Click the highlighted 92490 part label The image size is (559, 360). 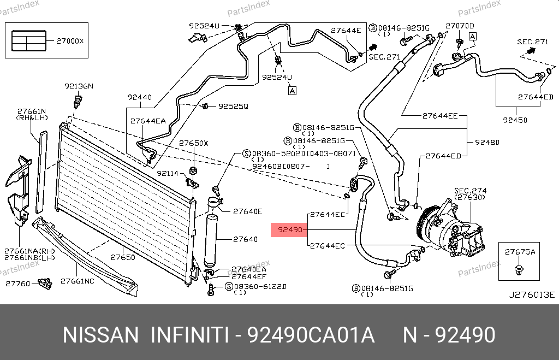tap(289, 230)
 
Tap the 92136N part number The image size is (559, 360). tap(79, 86)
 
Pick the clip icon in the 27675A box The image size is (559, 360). tap(519, 269)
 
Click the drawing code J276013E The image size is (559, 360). tap(531, 295)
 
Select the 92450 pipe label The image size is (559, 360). tap(515, 120)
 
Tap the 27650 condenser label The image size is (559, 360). tap(123, 257)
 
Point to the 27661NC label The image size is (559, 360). tap(77, 281)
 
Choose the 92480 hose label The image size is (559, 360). tap(487, 143)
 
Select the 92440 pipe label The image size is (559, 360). tap(139, 97)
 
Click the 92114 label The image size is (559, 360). tap(168, 173)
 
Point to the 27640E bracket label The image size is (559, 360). tap(248, 211)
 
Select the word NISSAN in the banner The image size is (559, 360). tap(101, 334)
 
